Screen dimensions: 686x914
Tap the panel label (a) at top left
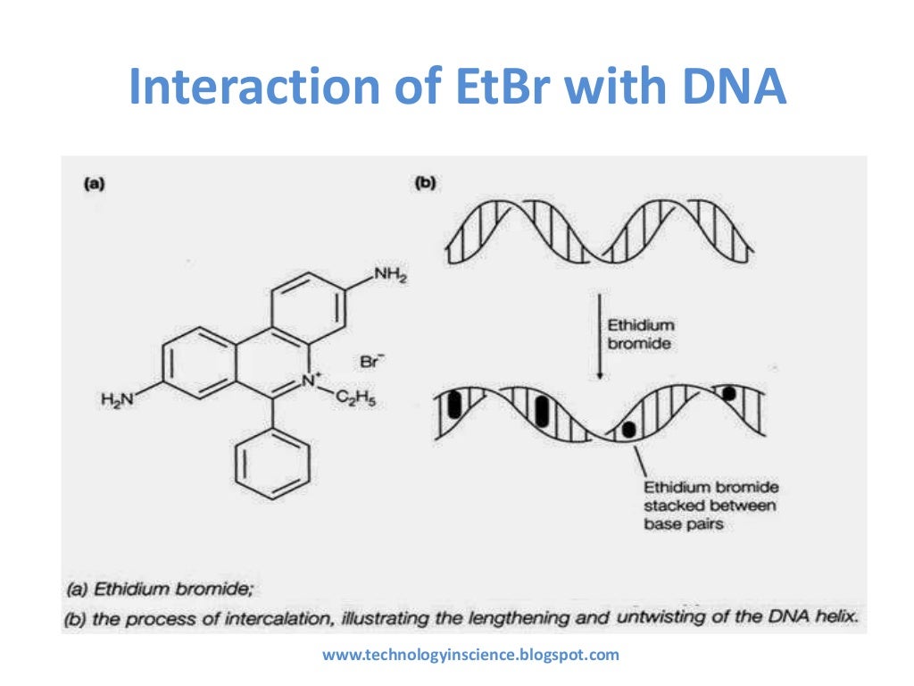tap(93, 183)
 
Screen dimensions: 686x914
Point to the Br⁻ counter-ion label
tap(370, 362)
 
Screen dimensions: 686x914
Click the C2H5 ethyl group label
tap(356, 401)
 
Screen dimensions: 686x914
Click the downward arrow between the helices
tap(598, 335)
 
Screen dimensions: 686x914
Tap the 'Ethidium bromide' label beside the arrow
tap(641, 335)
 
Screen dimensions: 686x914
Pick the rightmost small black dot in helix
tap(729, 393)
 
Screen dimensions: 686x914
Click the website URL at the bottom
tap(469, 655)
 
